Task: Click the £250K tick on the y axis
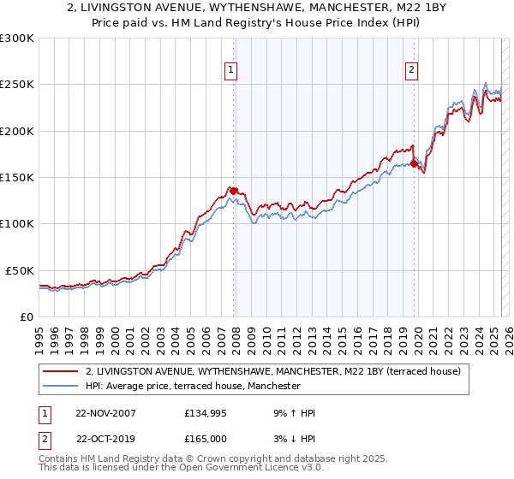(x=17, y=85)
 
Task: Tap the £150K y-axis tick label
(x=17, y=178)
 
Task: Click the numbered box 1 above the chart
(x=231, y=71)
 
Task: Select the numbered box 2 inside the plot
(x=412, y=71)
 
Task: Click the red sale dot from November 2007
(x=234, y=191)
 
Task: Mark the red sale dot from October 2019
(x=414, y=163)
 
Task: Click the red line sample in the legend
(x=60, y=372)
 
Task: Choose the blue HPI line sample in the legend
(x=60, y=387)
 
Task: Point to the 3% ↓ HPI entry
(x=296, y=438)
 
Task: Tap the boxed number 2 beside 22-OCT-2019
(x=43, y=438)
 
